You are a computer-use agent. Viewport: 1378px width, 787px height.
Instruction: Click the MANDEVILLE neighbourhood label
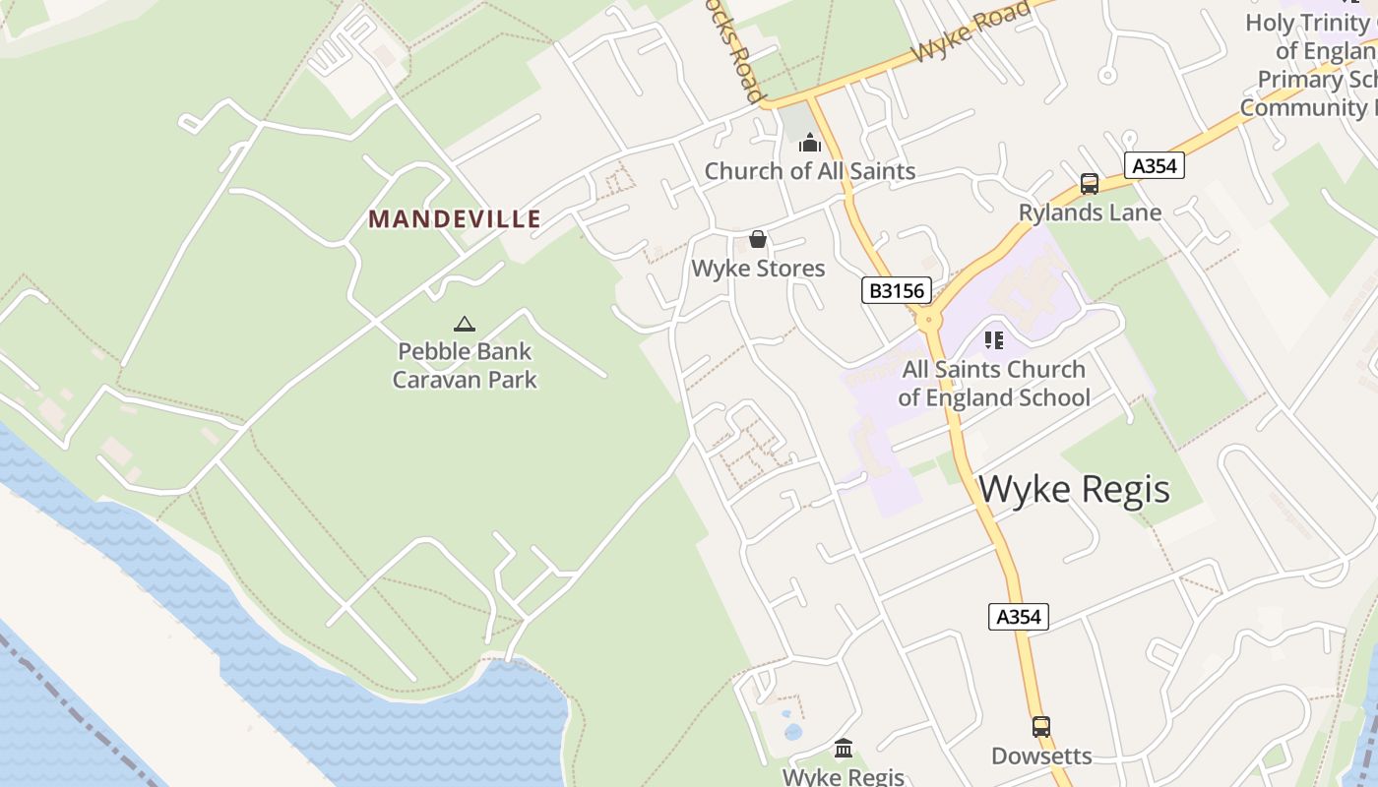point(455,218)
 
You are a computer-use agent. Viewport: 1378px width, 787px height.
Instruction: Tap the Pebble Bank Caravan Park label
point(465,365)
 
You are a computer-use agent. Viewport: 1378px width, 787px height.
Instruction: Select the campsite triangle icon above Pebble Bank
point(465,324)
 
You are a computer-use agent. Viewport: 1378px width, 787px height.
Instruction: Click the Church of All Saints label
point(810,171)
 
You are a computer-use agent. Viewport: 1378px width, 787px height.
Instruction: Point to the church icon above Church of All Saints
point(810,144)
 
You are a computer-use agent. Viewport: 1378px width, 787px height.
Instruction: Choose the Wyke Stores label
point(758,269)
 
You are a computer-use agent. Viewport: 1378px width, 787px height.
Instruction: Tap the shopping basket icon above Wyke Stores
point(758,239)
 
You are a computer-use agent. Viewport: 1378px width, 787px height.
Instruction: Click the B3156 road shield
point(896,290)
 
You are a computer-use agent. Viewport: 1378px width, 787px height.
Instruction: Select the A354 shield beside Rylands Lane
point(1154,165)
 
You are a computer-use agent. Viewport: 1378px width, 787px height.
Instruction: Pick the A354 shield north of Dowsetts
point(1018,617)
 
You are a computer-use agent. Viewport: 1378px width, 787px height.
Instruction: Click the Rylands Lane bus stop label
point(1090,212)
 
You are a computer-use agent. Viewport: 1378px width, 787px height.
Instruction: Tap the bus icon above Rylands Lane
point(1090,184)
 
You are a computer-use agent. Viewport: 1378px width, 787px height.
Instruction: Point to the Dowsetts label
point(1041,756)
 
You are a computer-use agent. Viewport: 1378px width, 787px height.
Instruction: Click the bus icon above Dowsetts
point(1041,727)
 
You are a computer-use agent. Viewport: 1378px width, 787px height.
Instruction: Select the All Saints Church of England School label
point(994,384)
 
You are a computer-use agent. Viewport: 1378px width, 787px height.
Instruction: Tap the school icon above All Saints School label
point(994,340)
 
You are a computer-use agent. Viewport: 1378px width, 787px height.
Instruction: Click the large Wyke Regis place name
point(1075,489)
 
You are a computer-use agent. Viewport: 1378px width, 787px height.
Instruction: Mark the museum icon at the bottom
point(844,749)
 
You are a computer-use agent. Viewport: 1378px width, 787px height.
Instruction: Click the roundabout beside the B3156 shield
point(926,319)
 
